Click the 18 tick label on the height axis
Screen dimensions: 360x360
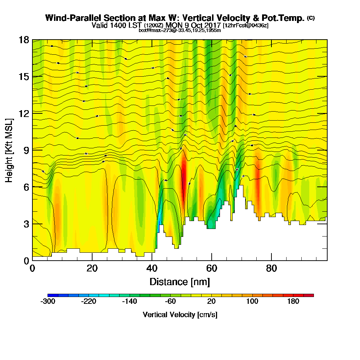click(x=23, y=40)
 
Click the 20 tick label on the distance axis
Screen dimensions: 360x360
click(x=92, y=269)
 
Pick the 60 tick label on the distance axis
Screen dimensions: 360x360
click(x=211, y=269)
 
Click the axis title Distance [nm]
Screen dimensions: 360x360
click(x=180, y=282)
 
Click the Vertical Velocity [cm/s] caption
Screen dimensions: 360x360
click(x=180, y=315)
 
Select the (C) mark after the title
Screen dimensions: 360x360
click(x=311, y=18)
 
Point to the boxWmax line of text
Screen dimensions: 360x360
click(x=180, y=30)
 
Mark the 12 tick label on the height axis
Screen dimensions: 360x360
click(x=23, y=113)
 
